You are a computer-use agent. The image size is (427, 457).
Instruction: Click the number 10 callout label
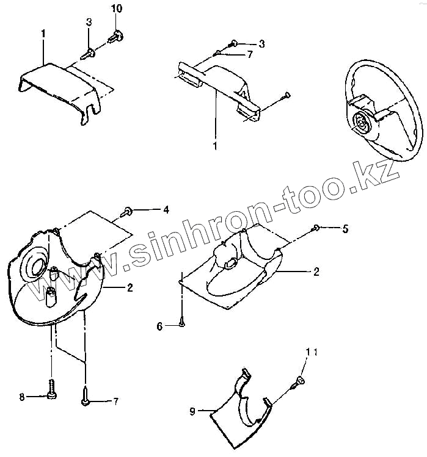[x=116, y=8]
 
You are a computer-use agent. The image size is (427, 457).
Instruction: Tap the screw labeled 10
[x=115, y=36]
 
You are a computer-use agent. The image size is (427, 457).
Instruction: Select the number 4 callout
[x=166, y=209]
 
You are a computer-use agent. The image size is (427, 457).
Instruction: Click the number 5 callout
[x=345, y=229]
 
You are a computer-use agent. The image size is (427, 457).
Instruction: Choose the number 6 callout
[x=159, y=326]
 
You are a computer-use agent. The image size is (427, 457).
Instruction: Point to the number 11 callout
[x=312, y=353]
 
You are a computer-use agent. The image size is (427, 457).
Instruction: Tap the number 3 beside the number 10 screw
[x=89, y=23]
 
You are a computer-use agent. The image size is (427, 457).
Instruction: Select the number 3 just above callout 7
[x=261, y=43]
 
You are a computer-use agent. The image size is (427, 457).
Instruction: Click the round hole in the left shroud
[x=32, y=264]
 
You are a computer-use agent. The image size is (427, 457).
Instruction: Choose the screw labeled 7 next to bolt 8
[x=84, y=400]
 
